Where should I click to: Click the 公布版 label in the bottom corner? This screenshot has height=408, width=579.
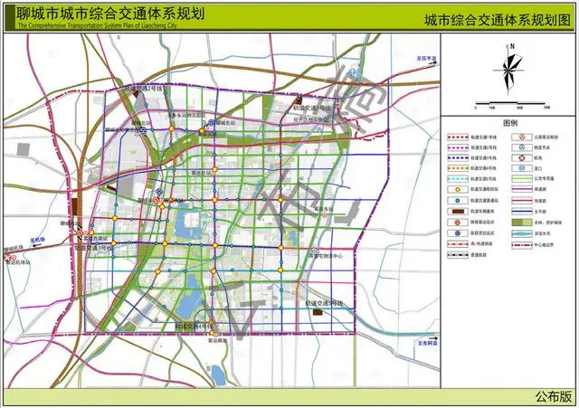tap(553, 395)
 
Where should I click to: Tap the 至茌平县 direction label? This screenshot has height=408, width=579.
tap(426, 58)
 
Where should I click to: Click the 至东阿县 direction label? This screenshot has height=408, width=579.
tap(426, 344)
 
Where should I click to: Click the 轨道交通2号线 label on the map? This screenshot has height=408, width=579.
tap(146, 89)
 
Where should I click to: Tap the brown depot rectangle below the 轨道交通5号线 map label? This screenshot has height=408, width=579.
tap(318, 311)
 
